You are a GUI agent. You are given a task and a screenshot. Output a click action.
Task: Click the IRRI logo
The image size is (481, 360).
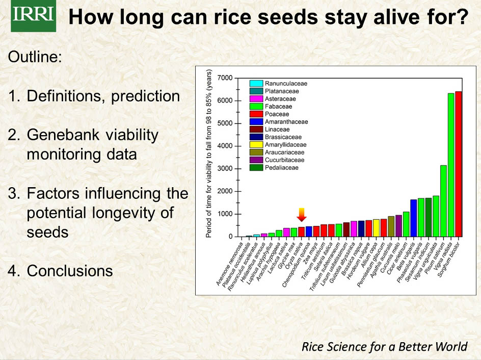pos(33,17)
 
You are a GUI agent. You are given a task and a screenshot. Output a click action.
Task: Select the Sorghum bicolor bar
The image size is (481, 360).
pos(458,164)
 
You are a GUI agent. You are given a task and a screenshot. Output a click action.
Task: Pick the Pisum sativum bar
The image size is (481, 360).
pos(443,201)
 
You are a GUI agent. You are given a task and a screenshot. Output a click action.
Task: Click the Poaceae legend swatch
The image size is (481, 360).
pos(256,114)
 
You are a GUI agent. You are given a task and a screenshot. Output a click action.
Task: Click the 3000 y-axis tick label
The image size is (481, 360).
pos(224,169)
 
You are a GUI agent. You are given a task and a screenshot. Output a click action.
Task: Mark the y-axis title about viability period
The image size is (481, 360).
pos(209,154)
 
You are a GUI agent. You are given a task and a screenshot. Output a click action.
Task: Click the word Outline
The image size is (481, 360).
pos(35,57)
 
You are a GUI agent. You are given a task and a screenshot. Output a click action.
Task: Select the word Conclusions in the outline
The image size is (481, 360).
pos(70,271)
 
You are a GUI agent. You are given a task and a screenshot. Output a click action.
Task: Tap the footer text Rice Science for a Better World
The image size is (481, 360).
pos(384,347)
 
